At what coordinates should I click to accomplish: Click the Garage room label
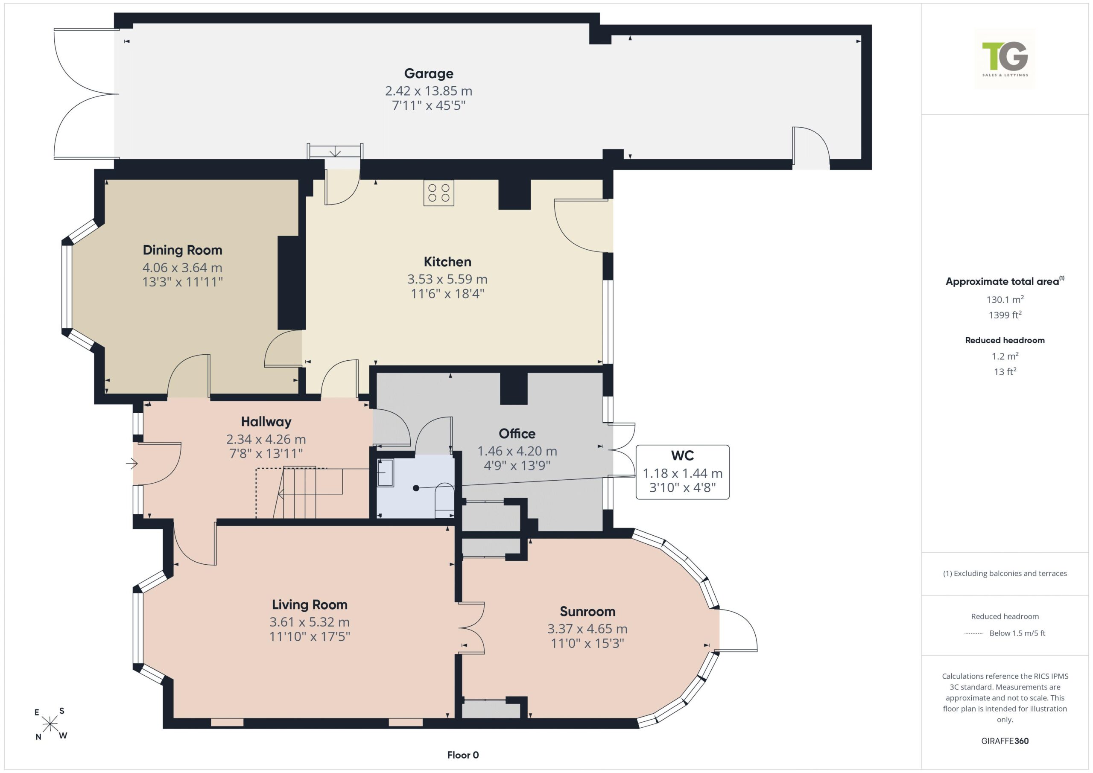click(428, 74)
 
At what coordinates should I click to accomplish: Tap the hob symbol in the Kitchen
click(438, 193)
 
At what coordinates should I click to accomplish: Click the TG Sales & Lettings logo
click(1005, 59)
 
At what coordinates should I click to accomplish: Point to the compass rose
click(50, 724)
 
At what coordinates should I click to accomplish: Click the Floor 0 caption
click(463, 755)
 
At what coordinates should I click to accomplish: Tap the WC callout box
click(682, 472)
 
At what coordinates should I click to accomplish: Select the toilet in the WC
click(444, 500)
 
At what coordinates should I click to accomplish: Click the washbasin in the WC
click(385, 473)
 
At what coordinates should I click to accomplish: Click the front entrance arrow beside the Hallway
click(132, 463)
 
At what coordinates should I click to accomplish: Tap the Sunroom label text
click(587, 611)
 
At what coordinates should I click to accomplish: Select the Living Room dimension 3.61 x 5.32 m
click(310, 621)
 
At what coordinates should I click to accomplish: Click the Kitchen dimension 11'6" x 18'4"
click(447, 293)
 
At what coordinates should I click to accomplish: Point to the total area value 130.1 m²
click(1005, 299)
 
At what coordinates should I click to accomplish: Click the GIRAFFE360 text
click(1005, 741)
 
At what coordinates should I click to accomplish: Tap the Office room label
click(517, 434)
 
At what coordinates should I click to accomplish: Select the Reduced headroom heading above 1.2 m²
click(1005, 340)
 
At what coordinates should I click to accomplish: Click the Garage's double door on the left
click(86, 93)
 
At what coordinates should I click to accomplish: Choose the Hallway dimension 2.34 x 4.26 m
click(266, 439)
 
